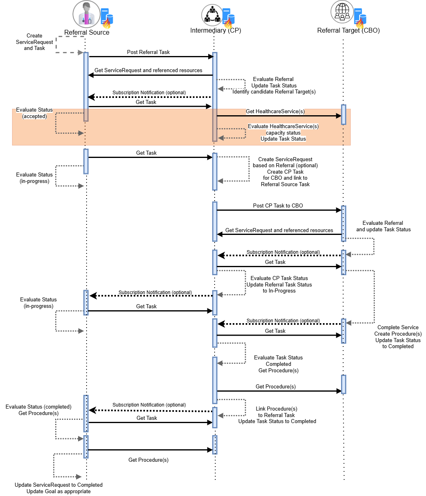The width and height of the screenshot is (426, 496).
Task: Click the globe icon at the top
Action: pos(342,12)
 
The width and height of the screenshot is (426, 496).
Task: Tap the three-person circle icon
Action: pos(212,15)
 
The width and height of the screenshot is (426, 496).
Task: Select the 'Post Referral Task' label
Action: pos(148,52)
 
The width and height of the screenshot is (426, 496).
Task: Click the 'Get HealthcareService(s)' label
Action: pos(275,111)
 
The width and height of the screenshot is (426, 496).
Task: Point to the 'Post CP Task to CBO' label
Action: pos(278,206)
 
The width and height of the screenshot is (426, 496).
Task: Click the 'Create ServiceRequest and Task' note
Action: pos(34,42)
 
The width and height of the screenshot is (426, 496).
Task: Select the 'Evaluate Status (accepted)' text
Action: pos(34,113)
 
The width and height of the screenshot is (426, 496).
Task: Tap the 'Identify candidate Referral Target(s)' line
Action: pos(274,92)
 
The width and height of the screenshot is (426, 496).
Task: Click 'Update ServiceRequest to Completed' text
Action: pos(59,485)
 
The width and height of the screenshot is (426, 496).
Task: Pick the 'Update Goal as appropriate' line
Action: pos(59,492)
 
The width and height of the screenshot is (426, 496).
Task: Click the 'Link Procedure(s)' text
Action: pos(277,409)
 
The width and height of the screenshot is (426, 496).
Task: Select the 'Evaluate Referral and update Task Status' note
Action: pos(383,226)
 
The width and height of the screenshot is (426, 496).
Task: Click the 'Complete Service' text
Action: pos(398,328)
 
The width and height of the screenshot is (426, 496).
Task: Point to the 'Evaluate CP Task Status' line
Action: pos(279,278)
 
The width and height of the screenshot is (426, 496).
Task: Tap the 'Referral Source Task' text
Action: pos(285,185)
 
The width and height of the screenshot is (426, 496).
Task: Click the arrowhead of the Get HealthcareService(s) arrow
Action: pos(339,116)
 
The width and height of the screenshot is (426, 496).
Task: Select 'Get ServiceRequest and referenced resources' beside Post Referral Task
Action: pos(148,71)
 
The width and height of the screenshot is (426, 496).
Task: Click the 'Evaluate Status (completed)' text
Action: pos(38,407)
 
